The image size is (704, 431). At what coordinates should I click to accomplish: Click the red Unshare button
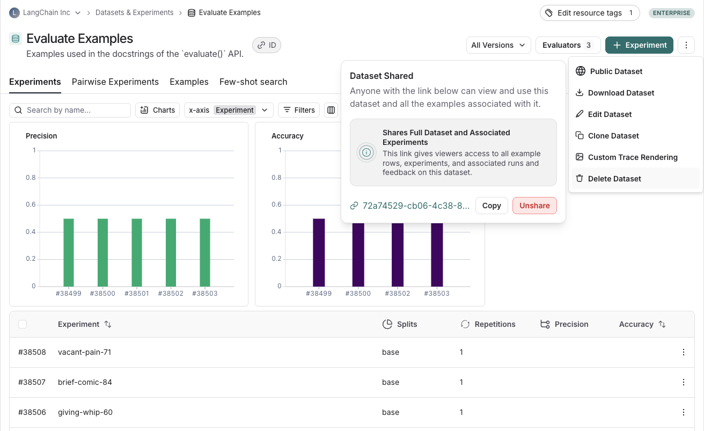tap(534, 206)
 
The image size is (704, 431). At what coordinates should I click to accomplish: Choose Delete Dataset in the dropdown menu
tap(614, 179)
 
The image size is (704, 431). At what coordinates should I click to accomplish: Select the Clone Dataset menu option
tap(613, 136)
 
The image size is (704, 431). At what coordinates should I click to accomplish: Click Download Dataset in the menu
tap(620, 93)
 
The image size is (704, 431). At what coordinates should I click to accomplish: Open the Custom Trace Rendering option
tap(632, 157)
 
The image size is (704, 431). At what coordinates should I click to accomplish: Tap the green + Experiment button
tap(639, 45)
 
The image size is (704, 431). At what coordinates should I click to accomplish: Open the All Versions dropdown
tap(498, 45)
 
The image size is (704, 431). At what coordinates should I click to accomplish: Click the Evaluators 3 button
tap(568, 45)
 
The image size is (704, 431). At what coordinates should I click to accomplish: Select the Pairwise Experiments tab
tap(115, 82)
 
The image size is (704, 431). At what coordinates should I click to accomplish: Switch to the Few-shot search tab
tap(253, 82)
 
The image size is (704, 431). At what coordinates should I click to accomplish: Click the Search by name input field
tap(75, 110)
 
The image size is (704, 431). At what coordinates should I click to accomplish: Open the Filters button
tap(299, 110)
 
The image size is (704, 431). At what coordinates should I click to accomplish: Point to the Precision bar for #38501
tap(137, 252)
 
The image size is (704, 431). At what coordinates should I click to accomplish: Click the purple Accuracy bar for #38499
tap(319, 252)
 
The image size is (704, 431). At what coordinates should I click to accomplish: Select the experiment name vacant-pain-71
tap(84, 352)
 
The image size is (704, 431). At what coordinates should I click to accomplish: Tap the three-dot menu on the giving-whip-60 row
tap(683, 412)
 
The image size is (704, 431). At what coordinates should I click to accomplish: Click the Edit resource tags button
tap(589, 13)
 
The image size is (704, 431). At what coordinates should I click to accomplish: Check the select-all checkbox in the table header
tap(23, 324)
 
